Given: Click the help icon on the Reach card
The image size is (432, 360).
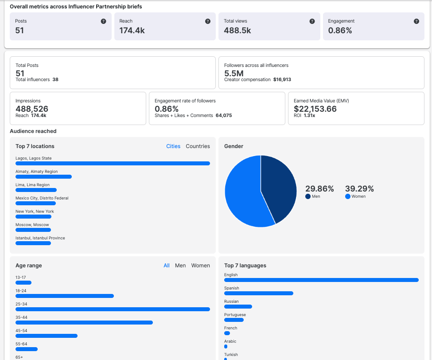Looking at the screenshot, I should coord(208,21).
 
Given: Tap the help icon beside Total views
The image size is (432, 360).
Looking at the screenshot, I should coord(312,21).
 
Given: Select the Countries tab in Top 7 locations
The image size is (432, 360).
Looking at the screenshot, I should coord(198,146).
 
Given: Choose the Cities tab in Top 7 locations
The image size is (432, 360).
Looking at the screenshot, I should coord(173,146).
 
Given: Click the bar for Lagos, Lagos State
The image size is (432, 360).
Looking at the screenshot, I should coord(113,164).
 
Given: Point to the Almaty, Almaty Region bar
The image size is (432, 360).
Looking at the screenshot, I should coord(43,177).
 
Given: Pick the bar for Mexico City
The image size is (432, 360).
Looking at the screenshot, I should coord(35,203).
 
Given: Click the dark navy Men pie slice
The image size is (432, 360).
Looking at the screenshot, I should coord(279,186).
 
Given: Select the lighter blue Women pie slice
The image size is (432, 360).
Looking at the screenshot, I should coord(244,200).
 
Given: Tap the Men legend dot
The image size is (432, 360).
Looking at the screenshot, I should coord(308,196).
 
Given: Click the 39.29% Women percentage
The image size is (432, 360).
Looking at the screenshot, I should coord(359,189).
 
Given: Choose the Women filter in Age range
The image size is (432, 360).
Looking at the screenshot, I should coord(200,266).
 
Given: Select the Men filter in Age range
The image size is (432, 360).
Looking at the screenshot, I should coord(180,266).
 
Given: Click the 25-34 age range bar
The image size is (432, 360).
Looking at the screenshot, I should coord(113,309).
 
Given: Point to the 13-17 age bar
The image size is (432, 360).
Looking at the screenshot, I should coord(23,283).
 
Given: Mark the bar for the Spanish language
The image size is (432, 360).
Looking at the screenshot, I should coord(259,293).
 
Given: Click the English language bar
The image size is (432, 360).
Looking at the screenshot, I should coord(321,280).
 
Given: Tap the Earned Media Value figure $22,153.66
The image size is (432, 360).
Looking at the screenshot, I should coord(315,109).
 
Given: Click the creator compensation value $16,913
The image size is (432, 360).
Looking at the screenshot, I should coord(282,80).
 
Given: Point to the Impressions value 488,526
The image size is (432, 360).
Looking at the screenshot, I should coord(32,109).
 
